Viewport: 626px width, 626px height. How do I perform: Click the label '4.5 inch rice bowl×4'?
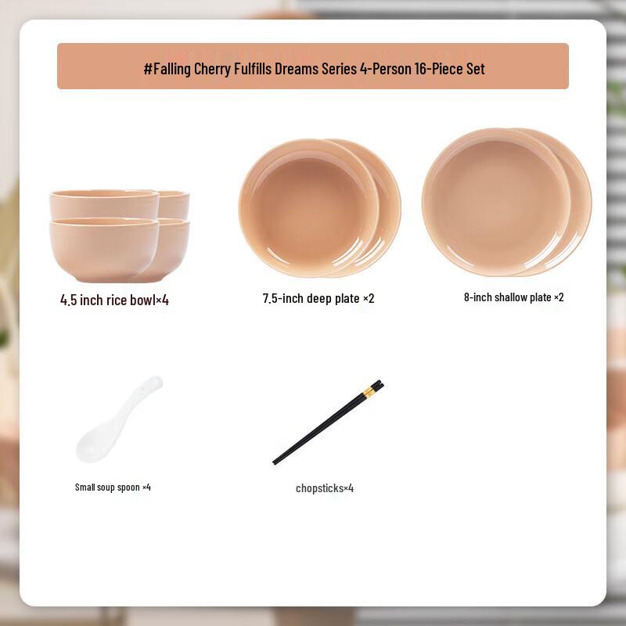click(x=114, y=300)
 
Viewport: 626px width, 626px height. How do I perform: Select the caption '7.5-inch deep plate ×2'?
click(x=318, y=298)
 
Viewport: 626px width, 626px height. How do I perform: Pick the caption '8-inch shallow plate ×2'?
click(x=513, y=297)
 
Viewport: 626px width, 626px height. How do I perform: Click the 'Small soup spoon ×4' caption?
click(x=113, y=487)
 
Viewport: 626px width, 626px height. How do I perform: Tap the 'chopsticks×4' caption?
click(x=325, y=488)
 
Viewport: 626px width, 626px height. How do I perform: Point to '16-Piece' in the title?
click(x=439, y=69)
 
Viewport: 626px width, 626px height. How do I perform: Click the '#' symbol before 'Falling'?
click(x=147, y=69)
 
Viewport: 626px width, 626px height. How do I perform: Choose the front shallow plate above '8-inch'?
click(x=496, y=200)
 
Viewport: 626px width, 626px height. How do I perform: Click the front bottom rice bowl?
click(x=103, y=249)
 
